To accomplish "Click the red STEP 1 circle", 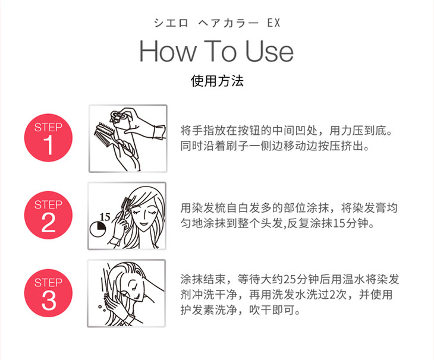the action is [x=48, y=138].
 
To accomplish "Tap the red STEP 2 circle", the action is [x=48, y=215].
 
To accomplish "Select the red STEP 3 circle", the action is [x=48, y=293].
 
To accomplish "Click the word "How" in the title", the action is [x=168, y=51].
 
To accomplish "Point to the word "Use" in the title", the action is [x=269, y=51].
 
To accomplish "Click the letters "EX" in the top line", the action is [x=273, y=23].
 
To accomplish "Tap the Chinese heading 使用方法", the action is [x=217, y=81].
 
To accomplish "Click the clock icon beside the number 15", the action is [x=98, y=229].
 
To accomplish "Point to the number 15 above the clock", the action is [x=105, y=217].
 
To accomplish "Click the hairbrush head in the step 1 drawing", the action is [x=105, y=132].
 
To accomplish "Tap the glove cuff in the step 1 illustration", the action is [x=160, y=132].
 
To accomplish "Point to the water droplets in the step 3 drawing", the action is [x=102, y=308].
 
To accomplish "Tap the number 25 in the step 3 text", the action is [x=290, y=280].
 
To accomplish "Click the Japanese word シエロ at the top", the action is [x=171, y=23].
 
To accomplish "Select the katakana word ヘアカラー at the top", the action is [x=228, y=23].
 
